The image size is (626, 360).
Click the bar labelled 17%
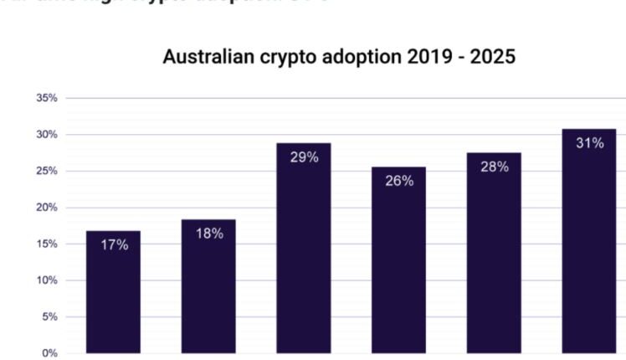(114, 293)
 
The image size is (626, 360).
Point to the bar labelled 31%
(589, 243)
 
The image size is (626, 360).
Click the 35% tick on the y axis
(47, 98)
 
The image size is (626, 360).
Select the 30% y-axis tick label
(47, 135)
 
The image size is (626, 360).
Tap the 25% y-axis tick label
(47, 171)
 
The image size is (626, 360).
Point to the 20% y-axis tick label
(47, 208)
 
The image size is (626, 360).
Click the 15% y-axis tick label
(47, 244)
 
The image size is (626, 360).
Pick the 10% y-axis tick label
(47, 280)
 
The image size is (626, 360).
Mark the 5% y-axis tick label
(49, 316)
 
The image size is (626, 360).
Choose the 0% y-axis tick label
(49, 353)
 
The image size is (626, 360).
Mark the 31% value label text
(589, 143)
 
